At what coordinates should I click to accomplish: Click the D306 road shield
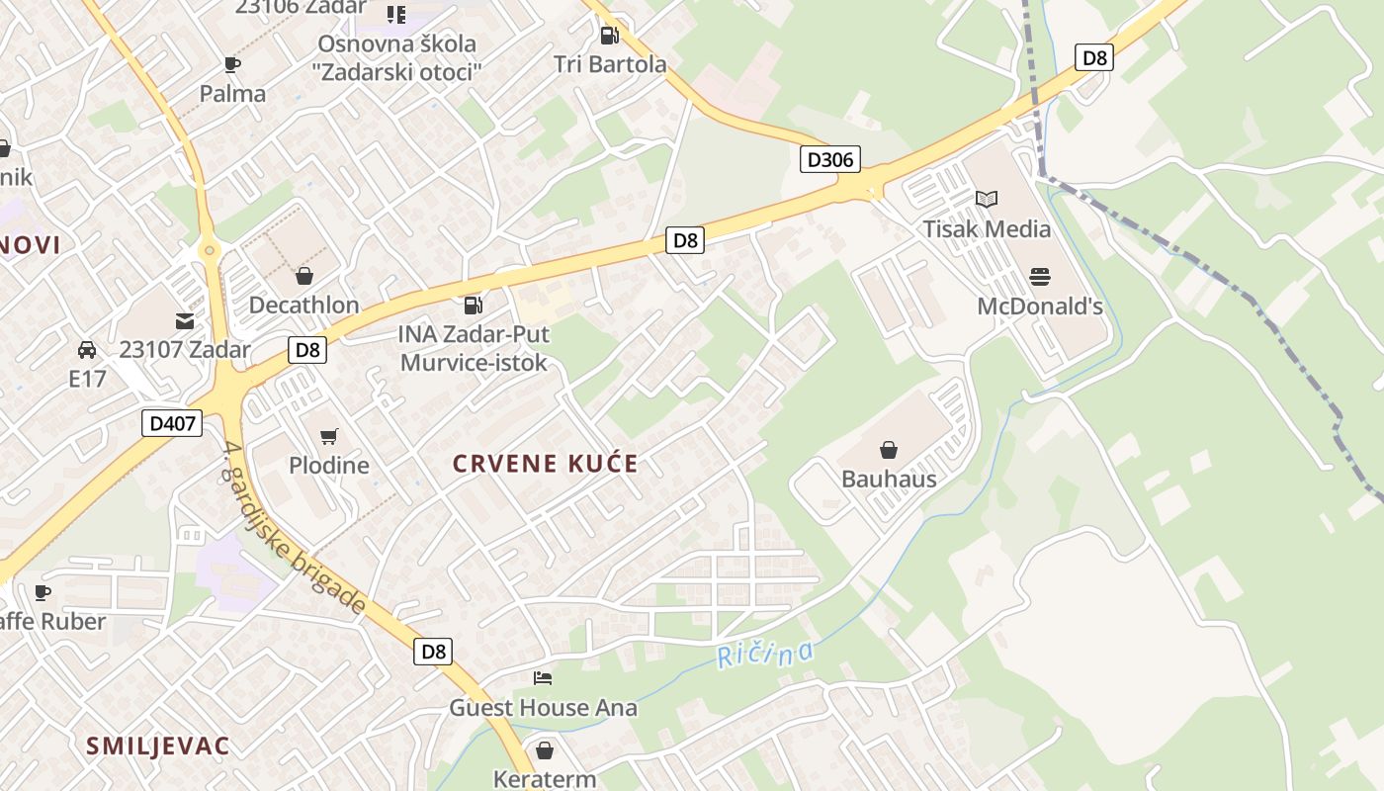[830, 159]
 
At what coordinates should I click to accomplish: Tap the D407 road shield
[171, 423]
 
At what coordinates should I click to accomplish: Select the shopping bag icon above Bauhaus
[889, 451]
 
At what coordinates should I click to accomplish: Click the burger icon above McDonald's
[1039, 276]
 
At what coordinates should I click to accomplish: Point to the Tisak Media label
[987, 229]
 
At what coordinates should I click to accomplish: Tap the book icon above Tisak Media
[987, 199]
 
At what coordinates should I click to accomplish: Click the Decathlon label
[303, 305]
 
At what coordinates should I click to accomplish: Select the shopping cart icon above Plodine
[329, 436]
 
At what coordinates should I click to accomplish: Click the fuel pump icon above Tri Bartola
[610, 36]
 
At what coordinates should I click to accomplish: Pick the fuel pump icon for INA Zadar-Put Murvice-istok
[474, 306]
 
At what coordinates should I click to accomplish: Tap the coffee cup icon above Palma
[232, 65]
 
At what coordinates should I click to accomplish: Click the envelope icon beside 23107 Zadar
[185, 320]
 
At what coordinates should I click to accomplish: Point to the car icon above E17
[87, 350]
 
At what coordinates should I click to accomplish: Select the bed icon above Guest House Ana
[543, 678]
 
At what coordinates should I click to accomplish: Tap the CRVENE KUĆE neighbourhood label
[546, 463]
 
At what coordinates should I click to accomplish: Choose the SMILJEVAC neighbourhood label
[157, 746]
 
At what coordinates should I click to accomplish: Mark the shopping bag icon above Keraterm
[544, 750]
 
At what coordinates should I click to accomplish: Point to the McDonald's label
[1039, 307]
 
